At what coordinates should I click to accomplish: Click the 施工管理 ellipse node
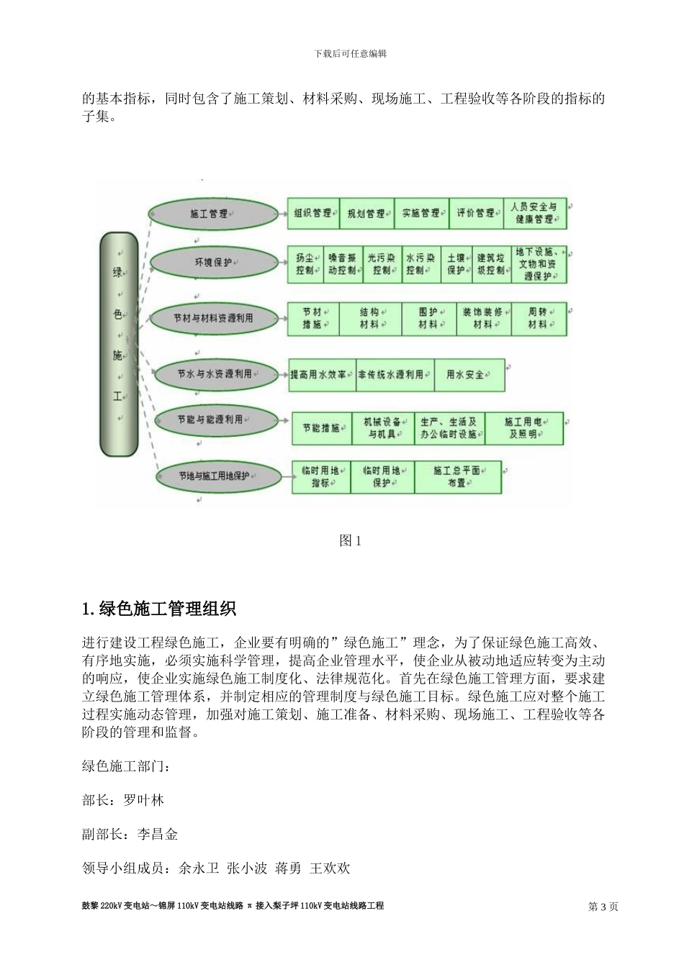[x=213, y=214]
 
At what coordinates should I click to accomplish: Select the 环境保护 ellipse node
[x=213, y=263]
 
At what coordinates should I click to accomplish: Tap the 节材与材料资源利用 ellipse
[x=213, y=318]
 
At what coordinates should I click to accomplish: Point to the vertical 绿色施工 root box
[x=118, y=344]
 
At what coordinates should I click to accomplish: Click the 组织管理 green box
[x=312, y=214]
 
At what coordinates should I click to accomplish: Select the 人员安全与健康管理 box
[x=534, y=214]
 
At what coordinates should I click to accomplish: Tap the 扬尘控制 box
[x=305, y=264]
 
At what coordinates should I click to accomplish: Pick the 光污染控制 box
[x=381, y=264]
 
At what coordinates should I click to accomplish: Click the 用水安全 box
[x=469, y=375]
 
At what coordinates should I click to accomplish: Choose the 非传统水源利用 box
[x=395, y=375]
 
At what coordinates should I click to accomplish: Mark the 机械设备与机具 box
[x=382, y=428]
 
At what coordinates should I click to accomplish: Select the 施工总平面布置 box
[x=457, y=477]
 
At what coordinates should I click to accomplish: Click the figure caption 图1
[x=350, y=541]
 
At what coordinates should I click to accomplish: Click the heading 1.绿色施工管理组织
[x=159, y=609]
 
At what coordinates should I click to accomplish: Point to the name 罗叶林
[x=144, y=800]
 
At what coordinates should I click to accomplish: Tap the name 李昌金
[x=158, y=835]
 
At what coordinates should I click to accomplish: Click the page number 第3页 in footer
[x=603, y=907]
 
